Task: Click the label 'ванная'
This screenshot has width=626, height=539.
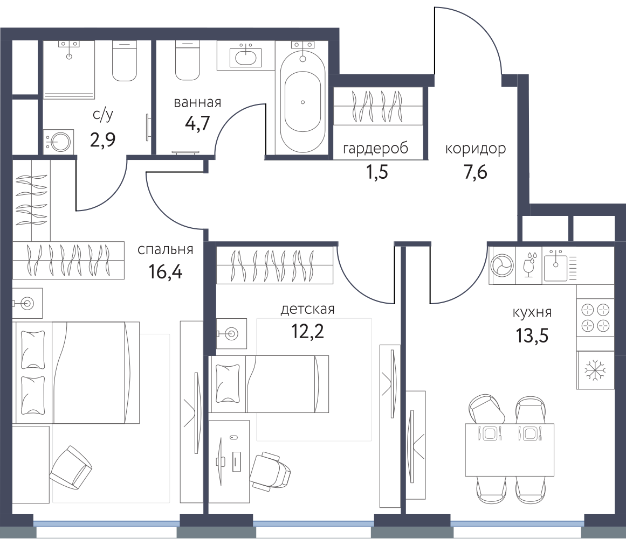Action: pyautogui.click(x=197, y=102)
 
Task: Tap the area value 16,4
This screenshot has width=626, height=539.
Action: pyautogui.click(x=166, y=272)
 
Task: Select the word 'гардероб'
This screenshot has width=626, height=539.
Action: pyautogui.click(x=376, y=148)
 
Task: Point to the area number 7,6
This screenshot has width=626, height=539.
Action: pyautogui.click(x=476, y=173)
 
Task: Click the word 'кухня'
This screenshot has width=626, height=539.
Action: pyautogui.click(x=532, y=312)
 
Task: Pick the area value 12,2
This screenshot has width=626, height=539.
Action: pyautogui.click(x=307, y=331)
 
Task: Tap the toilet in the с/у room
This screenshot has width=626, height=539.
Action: pyautogui.click(x=125, y=61)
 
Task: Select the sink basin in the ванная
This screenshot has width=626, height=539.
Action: pyautogui.click(x=245, y=57)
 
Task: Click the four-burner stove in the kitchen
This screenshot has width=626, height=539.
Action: pyautogui.click(x=595, y=318)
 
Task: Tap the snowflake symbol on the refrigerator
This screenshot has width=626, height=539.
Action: pyautogui.click(x=595, y=370)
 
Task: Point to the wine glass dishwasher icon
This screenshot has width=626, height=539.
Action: pyautogui.click(x=528, y=264)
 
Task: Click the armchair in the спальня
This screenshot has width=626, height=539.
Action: pyautogui.click(x=71, y=467)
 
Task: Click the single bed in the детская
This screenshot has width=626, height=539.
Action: pyautogui.click(x=269, y=384)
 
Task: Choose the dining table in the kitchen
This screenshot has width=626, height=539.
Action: pyautogui.click(x=510, y=450)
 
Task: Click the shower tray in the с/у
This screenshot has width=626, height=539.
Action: pyautogui.click(x=68, y=69)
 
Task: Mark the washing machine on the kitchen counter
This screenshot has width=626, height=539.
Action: pyautogui.click(x=502, y=265)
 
